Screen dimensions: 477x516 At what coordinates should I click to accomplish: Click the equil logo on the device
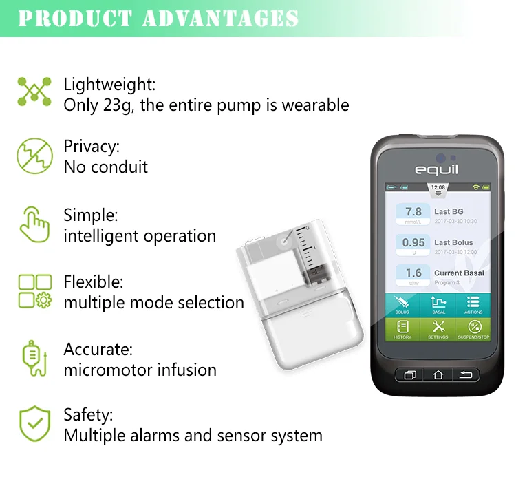coord(436,169)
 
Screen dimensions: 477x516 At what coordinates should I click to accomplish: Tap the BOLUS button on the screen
coord(402,304)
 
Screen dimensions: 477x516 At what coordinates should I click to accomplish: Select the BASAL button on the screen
coord(438,304)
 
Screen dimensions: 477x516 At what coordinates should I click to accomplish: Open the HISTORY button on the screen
coord(402,329)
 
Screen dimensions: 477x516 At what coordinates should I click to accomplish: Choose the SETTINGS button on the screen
coord(438,329)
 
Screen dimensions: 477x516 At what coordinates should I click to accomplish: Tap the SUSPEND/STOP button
coord(473,329)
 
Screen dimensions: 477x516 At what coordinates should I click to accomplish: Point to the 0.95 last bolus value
coord(413,243)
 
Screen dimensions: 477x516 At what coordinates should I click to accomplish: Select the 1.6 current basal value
coord(413,274)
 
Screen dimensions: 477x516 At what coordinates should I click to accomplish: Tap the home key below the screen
coord(438,375)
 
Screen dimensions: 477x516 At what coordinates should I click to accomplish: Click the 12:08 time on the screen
coord(438,187)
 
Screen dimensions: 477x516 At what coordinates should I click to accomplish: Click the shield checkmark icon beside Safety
coord(34,424)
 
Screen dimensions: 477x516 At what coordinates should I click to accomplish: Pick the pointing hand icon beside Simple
coord(34,224)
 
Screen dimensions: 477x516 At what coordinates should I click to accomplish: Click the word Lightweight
coord(109,85)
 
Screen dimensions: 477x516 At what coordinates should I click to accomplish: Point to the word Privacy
coord(92,146)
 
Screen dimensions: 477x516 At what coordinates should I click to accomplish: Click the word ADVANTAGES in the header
coord(220,19)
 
